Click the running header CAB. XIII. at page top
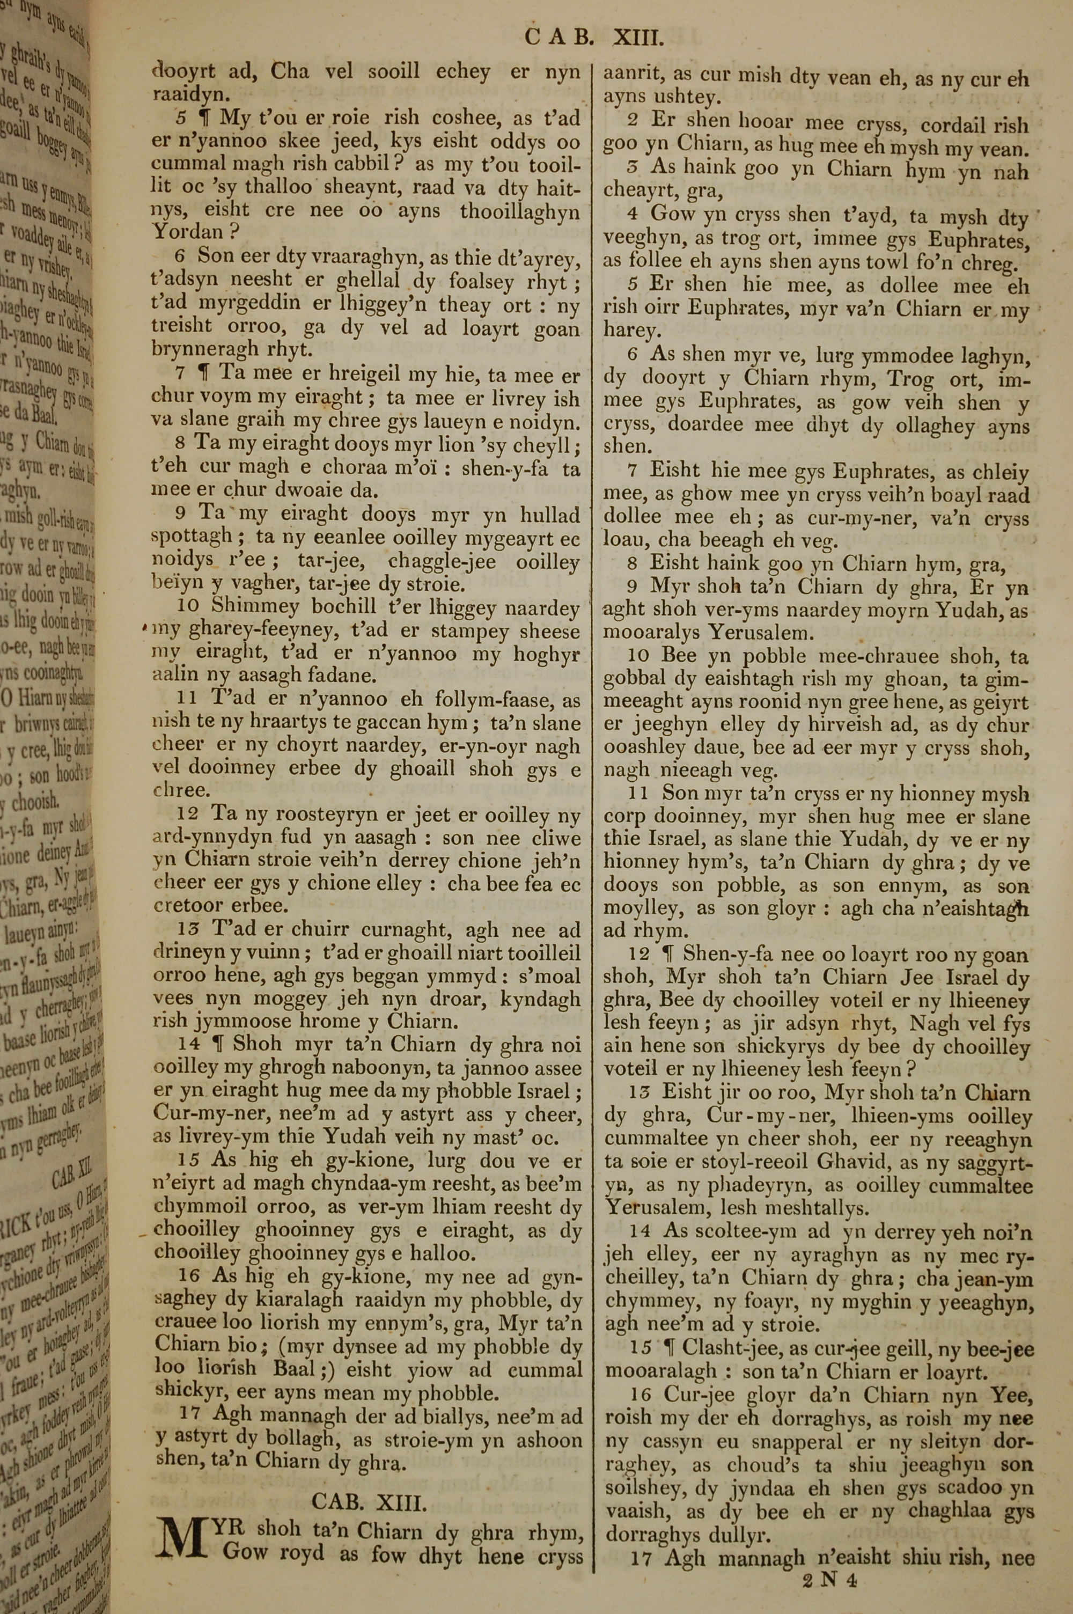coord(594,38)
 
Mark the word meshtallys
coord(811,1209)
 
